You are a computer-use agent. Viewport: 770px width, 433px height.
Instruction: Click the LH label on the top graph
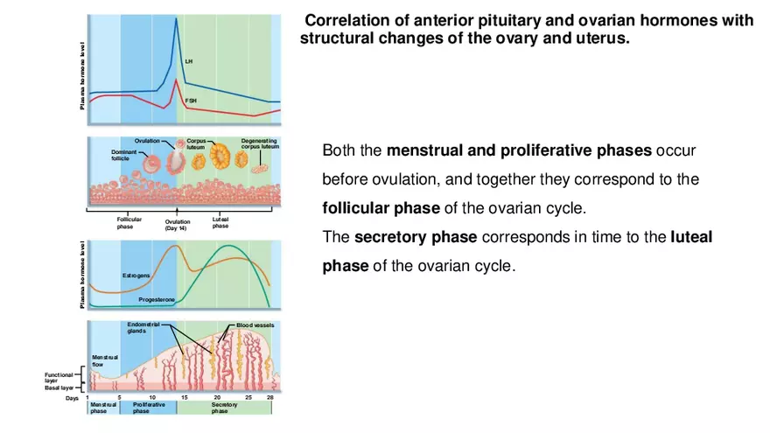[x=188, y=61]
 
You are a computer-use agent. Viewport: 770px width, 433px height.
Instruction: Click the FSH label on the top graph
[x=191, y=101]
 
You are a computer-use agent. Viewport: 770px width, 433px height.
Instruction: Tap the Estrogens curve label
[x=136, y=276]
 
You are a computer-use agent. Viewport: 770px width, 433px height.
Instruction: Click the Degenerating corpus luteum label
[x=260, y=143]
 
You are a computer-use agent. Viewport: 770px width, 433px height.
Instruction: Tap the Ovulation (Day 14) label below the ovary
[x=177, y=225]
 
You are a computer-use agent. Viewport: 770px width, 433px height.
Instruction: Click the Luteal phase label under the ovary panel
[x=220, y=223]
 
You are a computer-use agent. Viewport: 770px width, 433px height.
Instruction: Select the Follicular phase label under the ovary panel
[x=129, y=223]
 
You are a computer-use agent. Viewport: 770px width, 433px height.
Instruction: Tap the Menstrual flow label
[x=105, y=360]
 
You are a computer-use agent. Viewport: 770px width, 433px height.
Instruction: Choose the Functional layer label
[x=59, y=378]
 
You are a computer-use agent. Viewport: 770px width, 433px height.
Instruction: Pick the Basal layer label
[x=59, y=388]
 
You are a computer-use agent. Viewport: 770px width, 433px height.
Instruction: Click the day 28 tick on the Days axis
[x=270, y=398]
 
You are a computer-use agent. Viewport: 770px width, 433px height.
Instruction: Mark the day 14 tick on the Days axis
[x=184, y=398]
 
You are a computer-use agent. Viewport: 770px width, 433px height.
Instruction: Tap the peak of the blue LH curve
[x=177, y=19]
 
